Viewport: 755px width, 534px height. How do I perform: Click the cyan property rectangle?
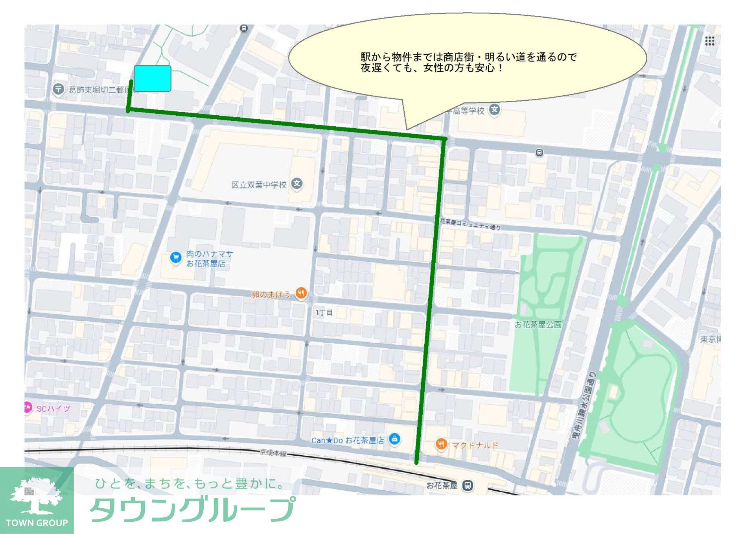click(x=153, y=79)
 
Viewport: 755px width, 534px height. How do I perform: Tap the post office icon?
click(x=59, y=89)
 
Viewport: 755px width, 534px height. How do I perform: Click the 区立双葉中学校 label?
click(x=259, y=185)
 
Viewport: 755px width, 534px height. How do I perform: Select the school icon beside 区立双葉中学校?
click(x=297, y=183)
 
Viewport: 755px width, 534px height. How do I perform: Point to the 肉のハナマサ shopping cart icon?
click(x=175, y=257)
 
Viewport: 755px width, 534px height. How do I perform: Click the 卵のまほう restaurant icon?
click(x=301, y=293)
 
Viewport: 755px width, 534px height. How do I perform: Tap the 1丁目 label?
click(x=324, y=312)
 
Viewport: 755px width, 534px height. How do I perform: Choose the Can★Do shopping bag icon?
click(x=394, y=439)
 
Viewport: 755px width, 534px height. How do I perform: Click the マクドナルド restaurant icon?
click(x=442, y=444)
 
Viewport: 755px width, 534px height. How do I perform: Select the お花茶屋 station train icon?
click(x=468, y=485)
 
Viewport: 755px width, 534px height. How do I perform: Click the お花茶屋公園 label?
click(x=538, y=324)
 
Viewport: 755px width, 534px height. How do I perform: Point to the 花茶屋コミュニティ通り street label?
click(x=470, y=224)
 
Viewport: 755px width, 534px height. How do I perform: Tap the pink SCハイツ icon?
click(x=28, y=408)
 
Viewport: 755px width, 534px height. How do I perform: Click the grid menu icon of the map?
click(x=709, y=41)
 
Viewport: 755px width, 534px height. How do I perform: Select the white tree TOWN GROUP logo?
click(x=36, y=496)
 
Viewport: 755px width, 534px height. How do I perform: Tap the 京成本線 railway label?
click(x=273, y=453)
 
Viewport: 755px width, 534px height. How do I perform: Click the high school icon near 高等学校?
click(x=495, y=109)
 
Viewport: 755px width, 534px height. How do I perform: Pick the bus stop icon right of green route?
click(x=540, y=153)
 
